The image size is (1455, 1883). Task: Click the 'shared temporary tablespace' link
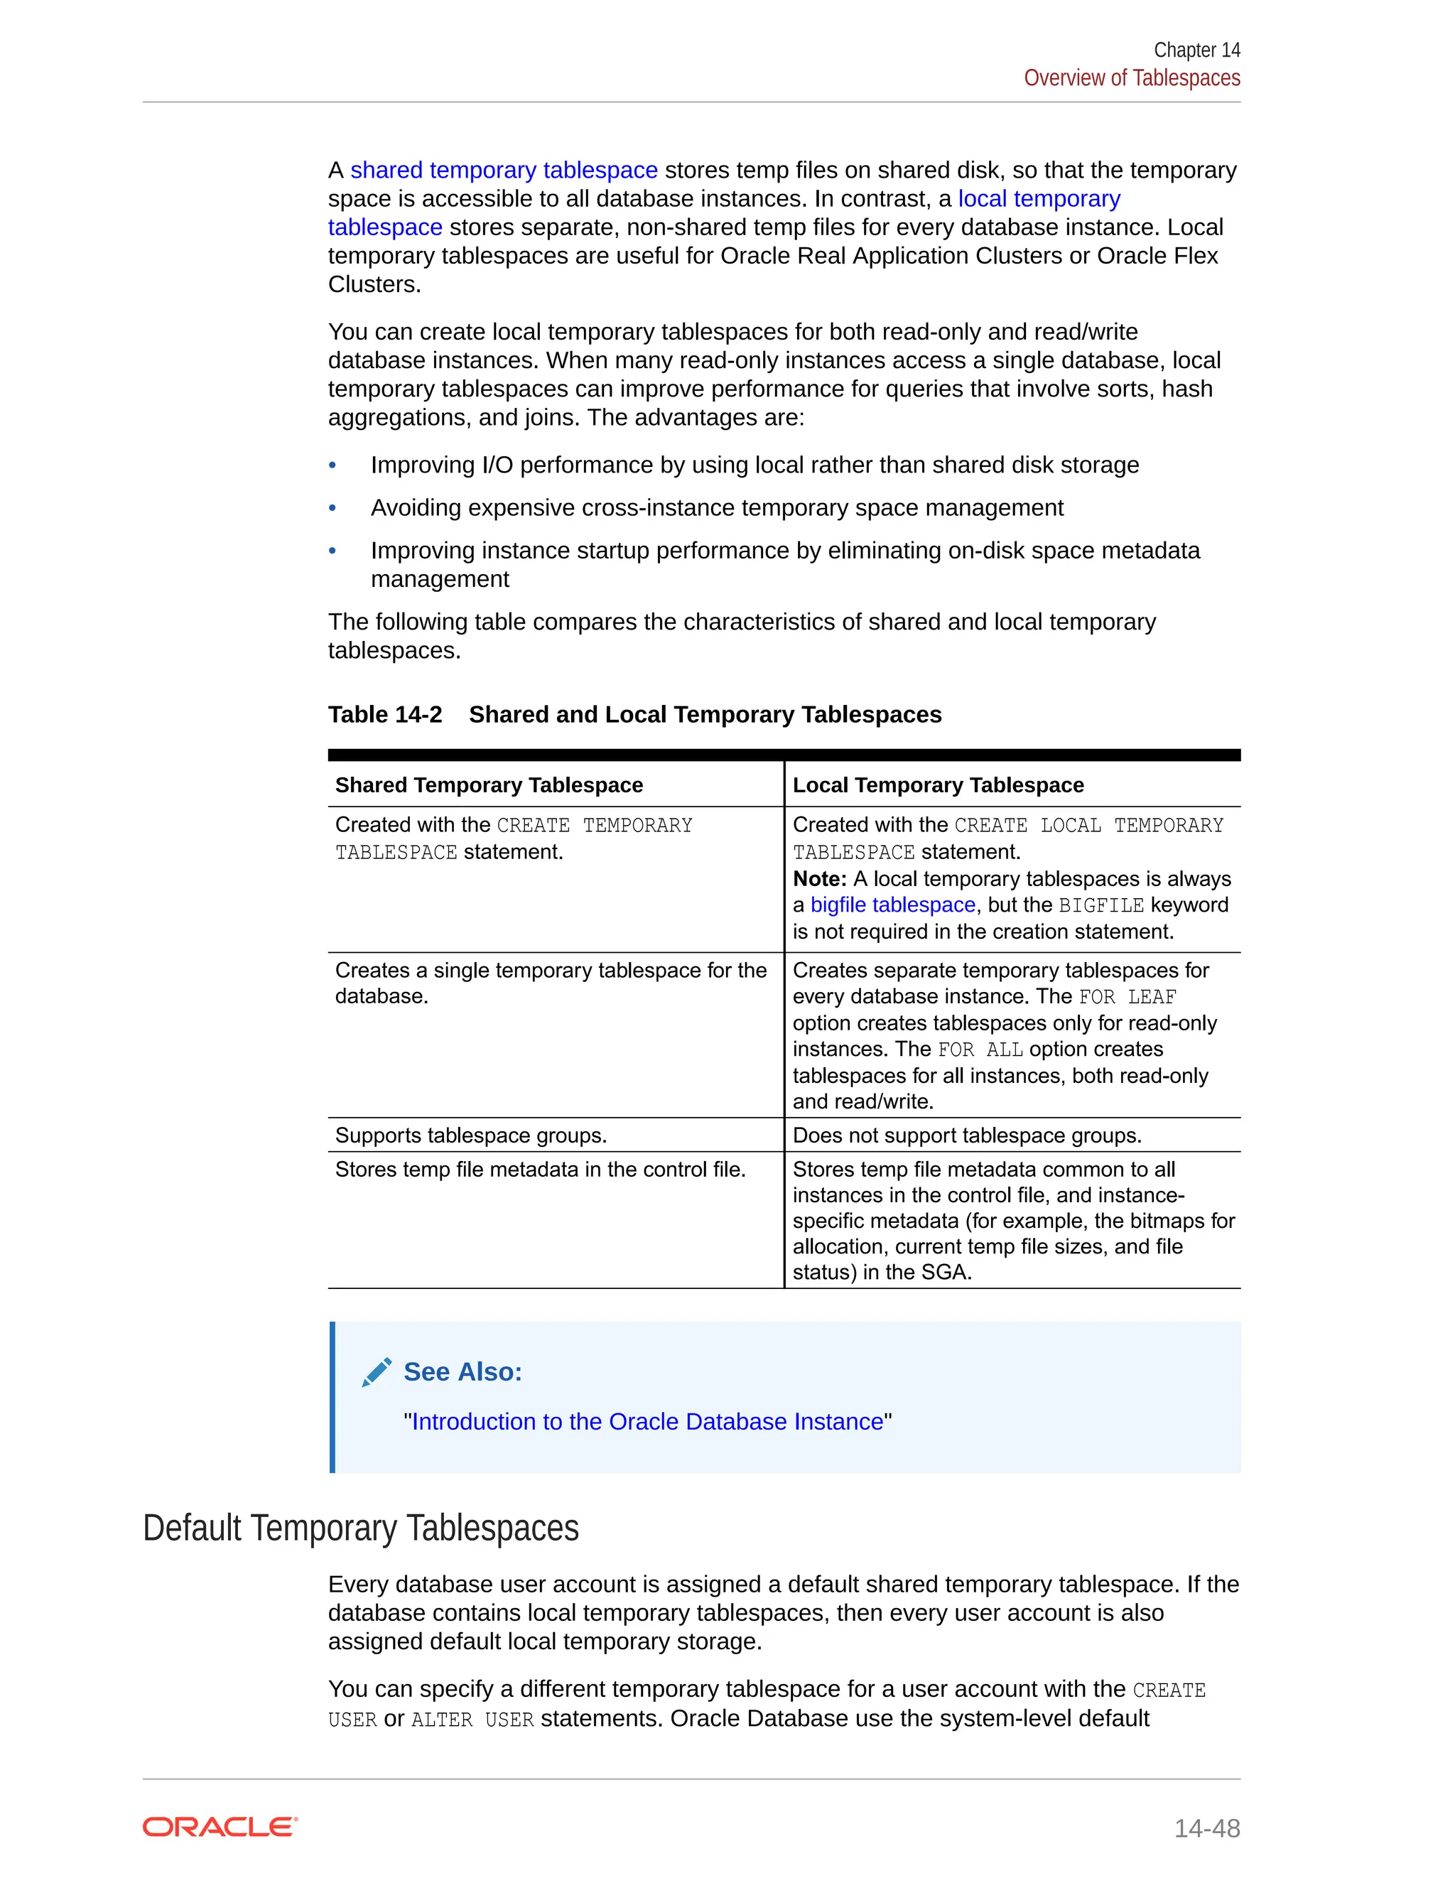point(504,170)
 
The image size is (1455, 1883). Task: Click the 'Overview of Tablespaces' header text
point(1131,77)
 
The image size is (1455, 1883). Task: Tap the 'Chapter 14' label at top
point(1196,50)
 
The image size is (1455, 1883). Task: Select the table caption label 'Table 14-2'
point(384,715)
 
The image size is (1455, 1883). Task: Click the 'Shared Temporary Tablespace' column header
point(489,784)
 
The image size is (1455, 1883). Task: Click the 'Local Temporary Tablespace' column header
point(938,784)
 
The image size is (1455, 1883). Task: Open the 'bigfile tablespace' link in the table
point(892,905)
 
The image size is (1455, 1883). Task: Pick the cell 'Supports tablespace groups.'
point(470,1135)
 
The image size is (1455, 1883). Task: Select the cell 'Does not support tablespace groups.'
point(966,1135)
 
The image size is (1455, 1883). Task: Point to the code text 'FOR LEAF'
point(1127,998)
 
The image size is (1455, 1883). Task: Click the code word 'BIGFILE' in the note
point(1100,905)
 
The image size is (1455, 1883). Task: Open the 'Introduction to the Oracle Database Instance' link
point(647,1422)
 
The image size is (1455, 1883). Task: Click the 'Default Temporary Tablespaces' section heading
point(360,1528)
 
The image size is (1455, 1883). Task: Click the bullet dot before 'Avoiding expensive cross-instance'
point(332,508)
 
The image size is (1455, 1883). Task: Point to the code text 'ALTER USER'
point(472,1720)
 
